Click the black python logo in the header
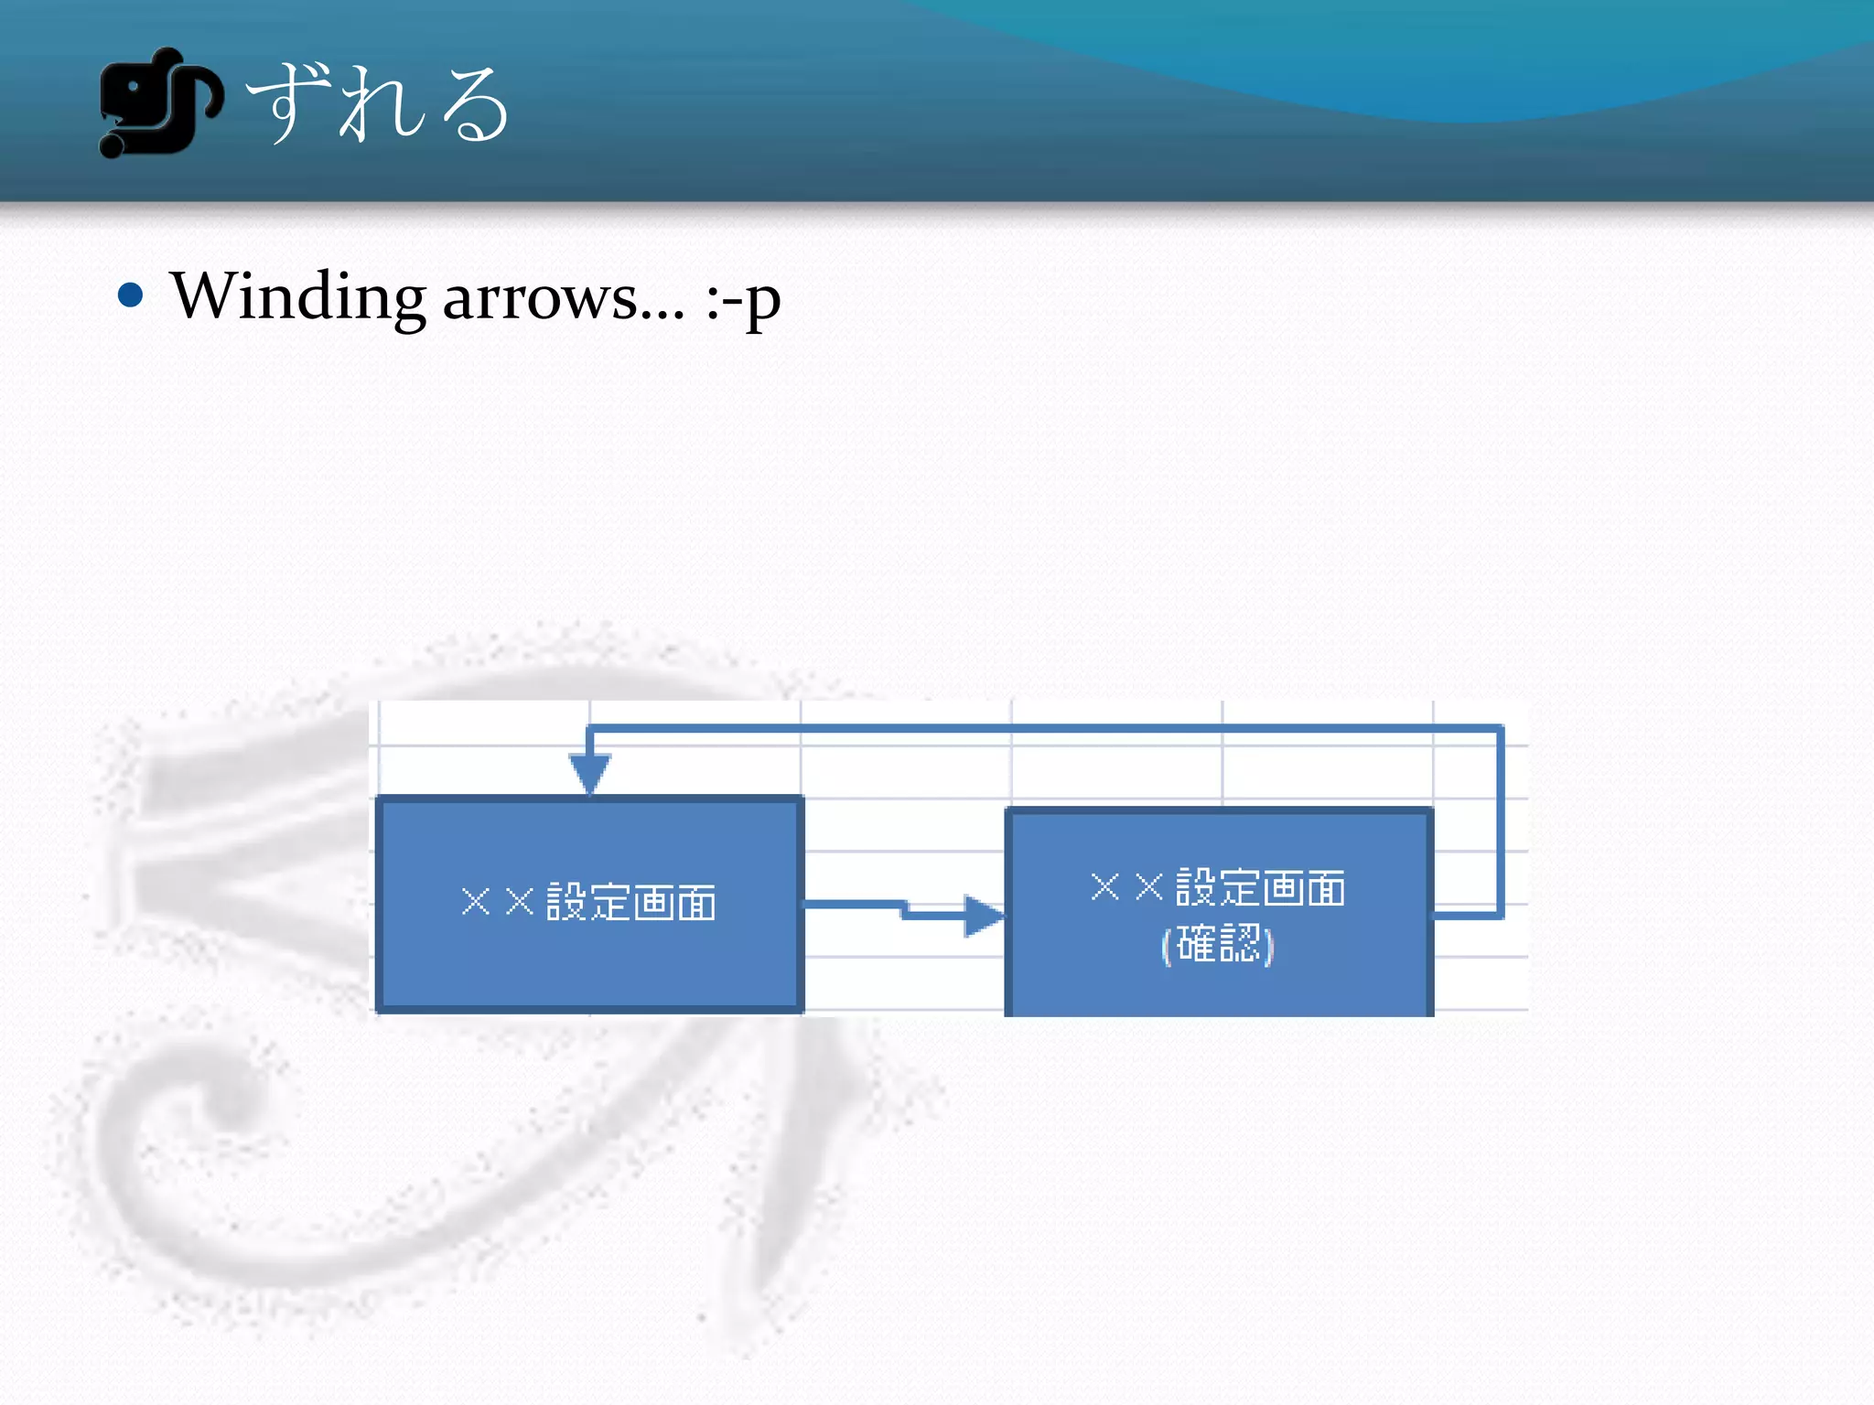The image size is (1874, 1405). [158, 102]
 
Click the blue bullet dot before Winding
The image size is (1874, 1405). [131, 295]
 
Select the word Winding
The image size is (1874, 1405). [298, 298]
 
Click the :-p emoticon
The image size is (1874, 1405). [743, 300]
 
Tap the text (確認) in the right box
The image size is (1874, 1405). [1218, 944]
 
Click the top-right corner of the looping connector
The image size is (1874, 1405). [1500, 729]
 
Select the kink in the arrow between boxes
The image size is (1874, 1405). [904, 909]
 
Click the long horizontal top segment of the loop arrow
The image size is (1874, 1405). [1043, 729]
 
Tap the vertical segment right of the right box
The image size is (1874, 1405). [1500, 823]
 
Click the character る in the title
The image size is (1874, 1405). [473, 104]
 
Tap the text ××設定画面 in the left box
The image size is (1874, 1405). [589, 902]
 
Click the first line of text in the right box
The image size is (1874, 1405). [1218, 887]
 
